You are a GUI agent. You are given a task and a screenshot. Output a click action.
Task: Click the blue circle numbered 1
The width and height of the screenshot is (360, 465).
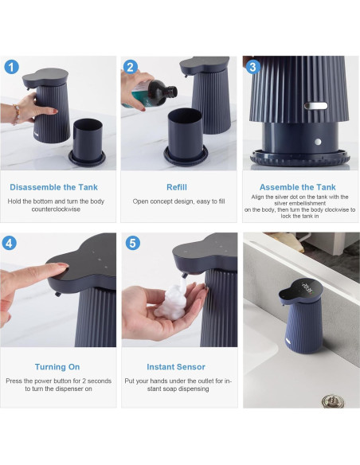(12, 68)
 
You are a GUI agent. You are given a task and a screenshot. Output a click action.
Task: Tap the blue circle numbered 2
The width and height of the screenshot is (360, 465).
(130, 67)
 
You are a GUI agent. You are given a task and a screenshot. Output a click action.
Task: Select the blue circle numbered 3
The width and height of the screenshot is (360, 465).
(252, 67)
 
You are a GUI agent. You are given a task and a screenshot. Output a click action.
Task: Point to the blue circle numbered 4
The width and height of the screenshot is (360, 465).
(10, 243)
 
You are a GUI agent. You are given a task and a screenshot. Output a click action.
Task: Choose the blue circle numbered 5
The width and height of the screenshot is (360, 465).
(133, 243)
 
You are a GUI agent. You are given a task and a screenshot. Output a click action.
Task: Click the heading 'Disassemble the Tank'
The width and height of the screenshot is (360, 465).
(53, 187)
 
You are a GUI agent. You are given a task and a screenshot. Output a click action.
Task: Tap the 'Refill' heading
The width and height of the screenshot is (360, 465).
(177, 187)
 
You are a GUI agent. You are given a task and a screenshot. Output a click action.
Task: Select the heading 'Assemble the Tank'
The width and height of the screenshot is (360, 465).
(297, 187)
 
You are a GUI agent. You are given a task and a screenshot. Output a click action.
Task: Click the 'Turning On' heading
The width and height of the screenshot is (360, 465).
(57, 367)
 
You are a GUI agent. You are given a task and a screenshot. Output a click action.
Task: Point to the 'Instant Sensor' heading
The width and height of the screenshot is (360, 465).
(176, 367)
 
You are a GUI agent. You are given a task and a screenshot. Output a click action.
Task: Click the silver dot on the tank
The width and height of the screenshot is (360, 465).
(318, 142)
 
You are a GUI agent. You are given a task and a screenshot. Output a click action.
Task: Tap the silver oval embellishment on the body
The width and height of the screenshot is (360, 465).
(316, 106)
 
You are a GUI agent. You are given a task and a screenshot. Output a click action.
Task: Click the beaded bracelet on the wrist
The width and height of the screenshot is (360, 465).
(16, 115)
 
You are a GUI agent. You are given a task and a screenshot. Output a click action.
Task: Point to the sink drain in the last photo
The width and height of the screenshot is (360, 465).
(333, 401)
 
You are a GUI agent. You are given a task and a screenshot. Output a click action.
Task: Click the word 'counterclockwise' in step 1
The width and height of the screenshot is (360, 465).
(56, 209)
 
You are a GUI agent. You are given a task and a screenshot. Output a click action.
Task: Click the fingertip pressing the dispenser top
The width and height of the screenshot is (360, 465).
(63, 267)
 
